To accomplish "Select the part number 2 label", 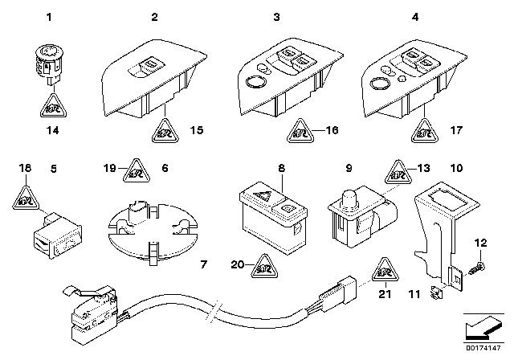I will coord(155,17).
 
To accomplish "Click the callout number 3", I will coord(275,17).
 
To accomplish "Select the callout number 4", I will coord(393,17).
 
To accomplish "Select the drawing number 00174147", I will coord(484,351).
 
